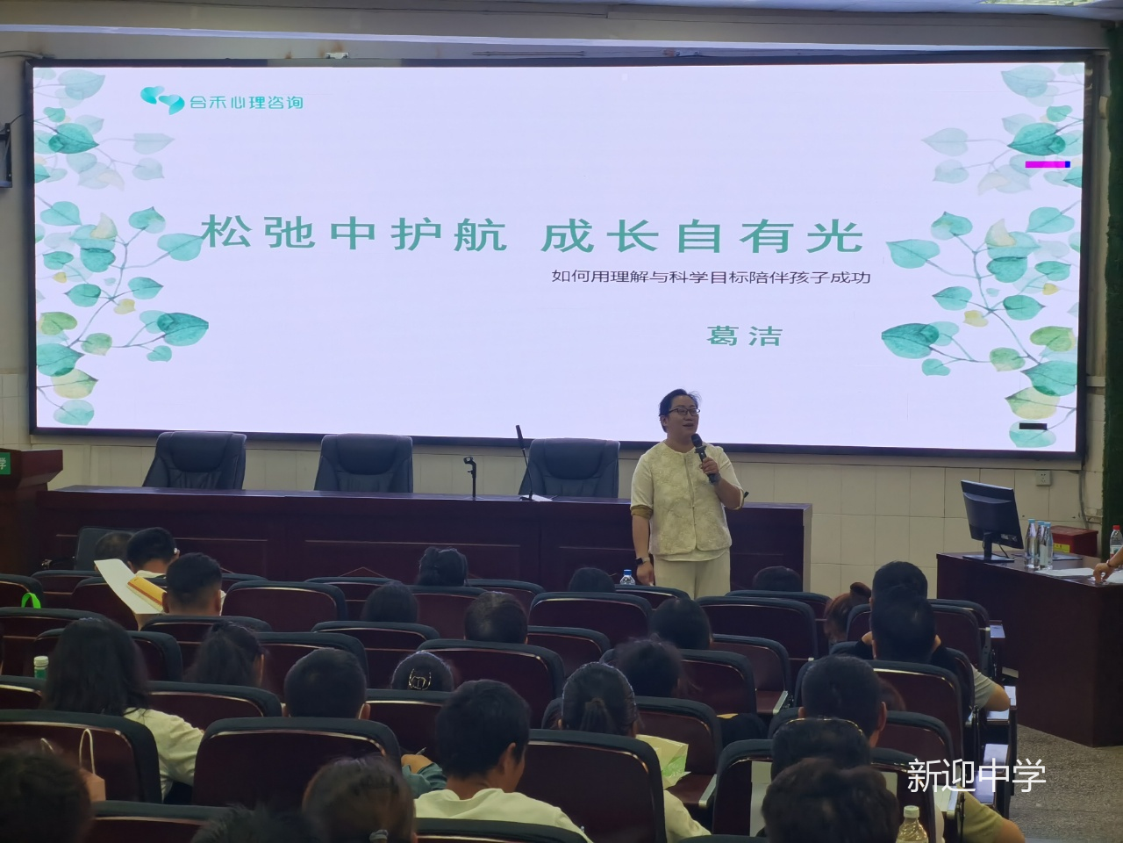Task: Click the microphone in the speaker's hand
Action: click(x=703, y=458)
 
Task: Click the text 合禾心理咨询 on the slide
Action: click(x=247, y=103)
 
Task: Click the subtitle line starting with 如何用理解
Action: click(x=711, y=277)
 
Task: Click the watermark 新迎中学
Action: click(x=976, y=775)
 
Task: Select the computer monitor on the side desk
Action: click(x=991, y=520)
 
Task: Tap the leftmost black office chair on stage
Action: click(x=196, y=459)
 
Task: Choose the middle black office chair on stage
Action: click(x=364, y=463)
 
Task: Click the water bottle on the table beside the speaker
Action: click(x=627, y=576)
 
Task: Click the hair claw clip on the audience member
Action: click(x=419, y=681)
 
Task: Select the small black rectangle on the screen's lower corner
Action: click(x=1033, y=427)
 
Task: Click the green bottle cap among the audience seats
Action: click(x=41, y=660)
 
